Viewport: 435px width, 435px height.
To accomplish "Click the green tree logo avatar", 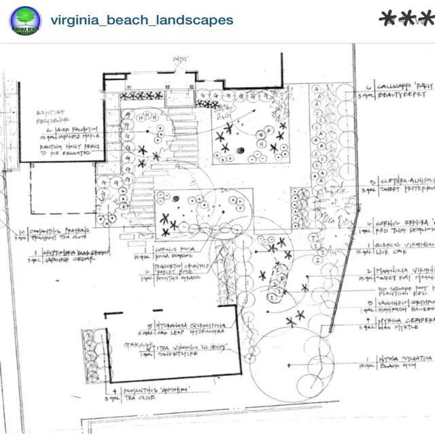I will point(25,20).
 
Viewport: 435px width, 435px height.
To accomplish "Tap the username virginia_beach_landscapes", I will point(141,20).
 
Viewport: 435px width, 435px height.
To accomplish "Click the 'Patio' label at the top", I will point(179,61).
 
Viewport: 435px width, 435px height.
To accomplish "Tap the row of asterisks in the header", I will point(406,18).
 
